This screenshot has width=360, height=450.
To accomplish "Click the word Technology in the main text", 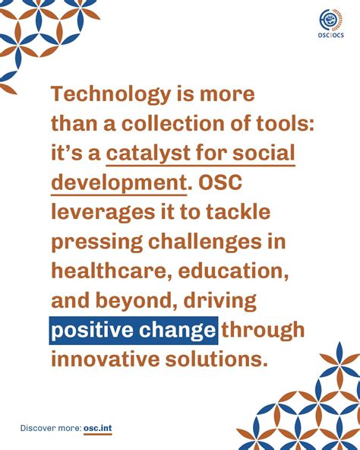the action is click(x=111, y=94).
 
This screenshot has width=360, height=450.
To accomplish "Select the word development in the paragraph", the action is click(x=118, y=183).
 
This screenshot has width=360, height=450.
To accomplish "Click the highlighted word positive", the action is click(x=92, y=331).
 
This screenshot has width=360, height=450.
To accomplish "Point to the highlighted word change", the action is click(x=177, y=331).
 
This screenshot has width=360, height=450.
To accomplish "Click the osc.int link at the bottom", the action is click(x=98, y=429).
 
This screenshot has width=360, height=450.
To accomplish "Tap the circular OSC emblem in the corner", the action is click(x=330, y=19).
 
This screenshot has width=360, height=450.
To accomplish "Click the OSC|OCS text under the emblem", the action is click(x=330, y=35).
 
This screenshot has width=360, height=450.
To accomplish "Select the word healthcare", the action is click(x=109, y=271).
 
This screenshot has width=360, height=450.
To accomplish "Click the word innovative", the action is click(x=106, y=359).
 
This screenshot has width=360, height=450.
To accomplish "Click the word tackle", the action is click(x=238, y=211).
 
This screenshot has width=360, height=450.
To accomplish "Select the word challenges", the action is click(x=205, y=242).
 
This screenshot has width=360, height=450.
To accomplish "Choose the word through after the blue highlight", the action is click(x=263, y=331).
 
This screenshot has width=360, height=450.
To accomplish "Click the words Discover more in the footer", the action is click(x=50, y=428).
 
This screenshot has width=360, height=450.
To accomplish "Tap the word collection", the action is click(x=173, y=124).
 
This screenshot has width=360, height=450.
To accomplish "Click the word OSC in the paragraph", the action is click(x=220, y=182).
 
